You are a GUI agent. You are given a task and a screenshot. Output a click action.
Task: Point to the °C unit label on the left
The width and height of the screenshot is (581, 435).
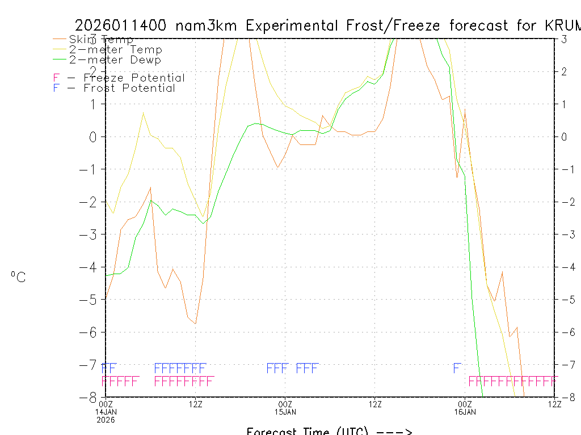18,277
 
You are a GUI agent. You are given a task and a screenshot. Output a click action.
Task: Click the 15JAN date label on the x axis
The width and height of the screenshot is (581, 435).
285,411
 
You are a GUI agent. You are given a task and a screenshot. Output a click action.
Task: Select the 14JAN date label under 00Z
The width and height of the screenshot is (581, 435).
106,411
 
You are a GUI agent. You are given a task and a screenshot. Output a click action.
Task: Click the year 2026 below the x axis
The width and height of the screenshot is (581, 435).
106,420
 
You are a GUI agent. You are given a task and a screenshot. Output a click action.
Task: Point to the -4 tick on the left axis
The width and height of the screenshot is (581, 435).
92,267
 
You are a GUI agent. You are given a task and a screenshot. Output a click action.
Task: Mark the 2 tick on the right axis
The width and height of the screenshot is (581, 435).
565,71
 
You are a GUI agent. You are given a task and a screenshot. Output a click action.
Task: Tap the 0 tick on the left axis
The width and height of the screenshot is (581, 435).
95,137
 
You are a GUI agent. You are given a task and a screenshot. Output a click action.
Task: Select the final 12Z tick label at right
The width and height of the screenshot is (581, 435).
554,404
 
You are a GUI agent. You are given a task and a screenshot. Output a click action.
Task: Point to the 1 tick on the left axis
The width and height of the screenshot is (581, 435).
95,104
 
